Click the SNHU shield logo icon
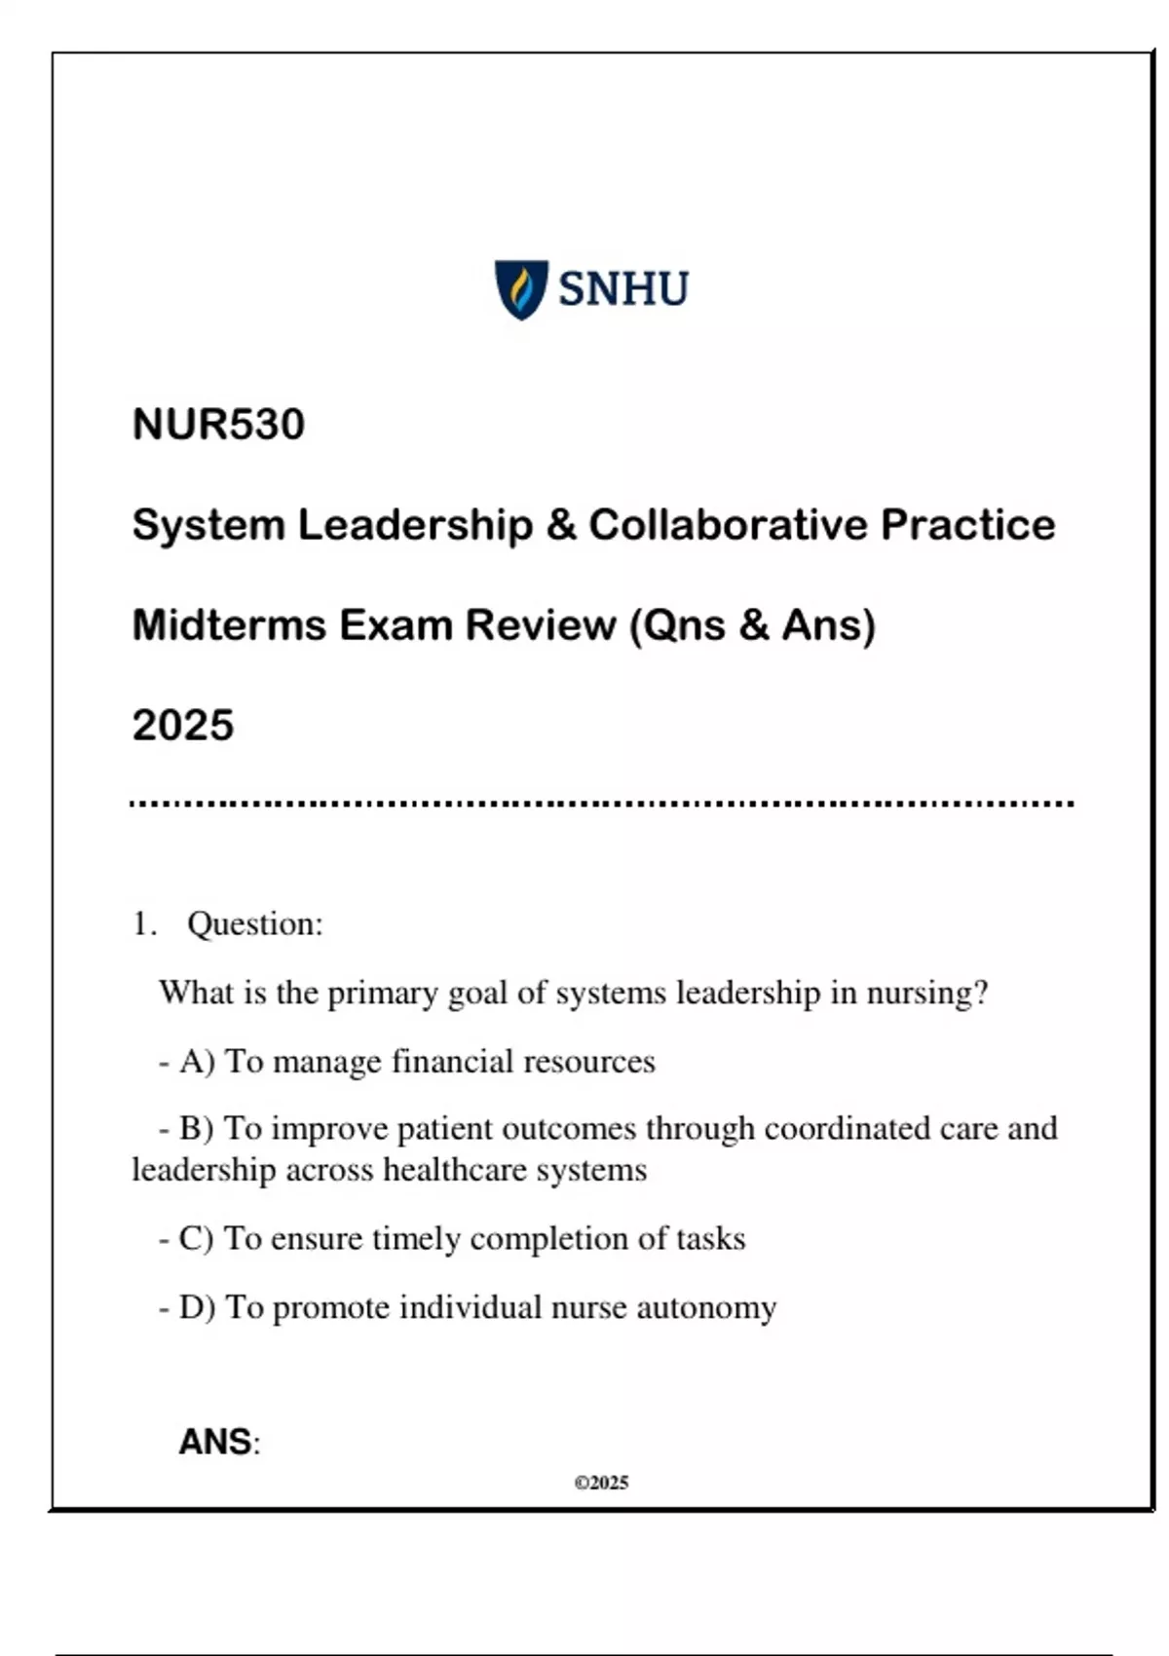[521, 289]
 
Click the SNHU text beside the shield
[623, 289]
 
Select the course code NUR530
[218, 425]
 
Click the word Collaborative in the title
[728, 525]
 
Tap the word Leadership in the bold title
[415, 525]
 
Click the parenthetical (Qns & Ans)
[753, 625]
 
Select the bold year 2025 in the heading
[183, 726]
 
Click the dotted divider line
[601, 805]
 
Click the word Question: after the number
[254, 924]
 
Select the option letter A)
[197, 1062]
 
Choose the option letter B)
[197, 1129]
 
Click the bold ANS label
[216, 1443]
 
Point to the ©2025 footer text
[601, 1484]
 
